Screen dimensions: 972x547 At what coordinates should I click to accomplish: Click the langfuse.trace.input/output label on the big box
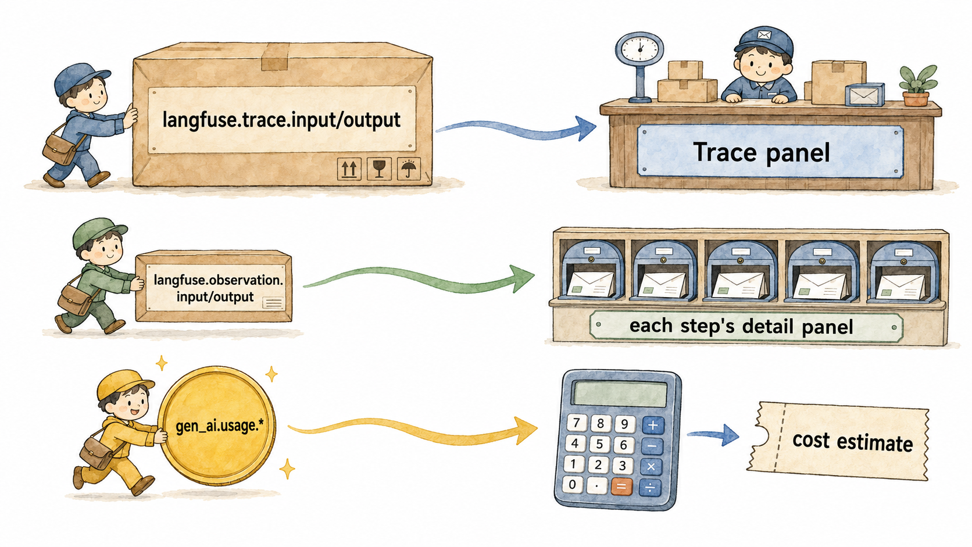[281, 120]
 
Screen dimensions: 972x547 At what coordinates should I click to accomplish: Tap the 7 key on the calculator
[577, 423]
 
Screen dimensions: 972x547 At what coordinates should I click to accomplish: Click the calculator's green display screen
[620, 393]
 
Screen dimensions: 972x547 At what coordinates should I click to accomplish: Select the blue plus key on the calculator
[653, 426]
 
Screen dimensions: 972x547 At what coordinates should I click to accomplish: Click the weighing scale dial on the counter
[639, 48]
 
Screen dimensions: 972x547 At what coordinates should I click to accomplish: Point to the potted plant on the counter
[917, 85]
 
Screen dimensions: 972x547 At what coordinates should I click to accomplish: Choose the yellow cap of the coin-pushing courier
[122, 384]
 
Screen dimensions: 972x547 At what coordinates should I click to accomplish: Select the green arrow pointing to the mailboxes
[419, 278]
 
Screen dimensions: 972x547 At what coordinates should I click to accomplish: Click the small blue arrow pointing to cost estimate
[713, 435]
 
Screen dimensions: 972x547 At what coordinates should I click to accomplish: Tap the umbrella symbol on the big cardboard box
[409, 169]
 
